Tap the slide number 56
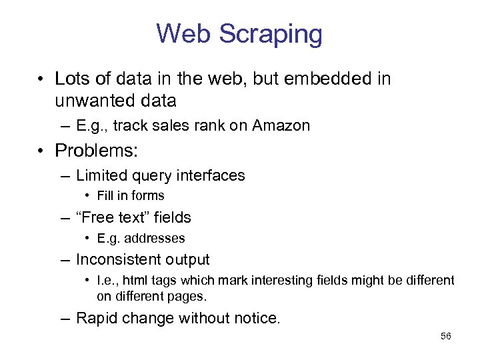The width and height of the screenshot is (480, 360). pos(446,336)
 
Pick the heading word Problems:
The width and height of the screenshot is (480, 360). pos(97,151)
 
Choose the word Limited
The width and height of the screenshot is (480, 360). pos(101,176)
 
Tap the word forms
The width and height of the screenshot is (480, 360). pos(148,196)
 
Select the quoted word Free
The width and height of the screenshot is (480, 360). pos(100,217)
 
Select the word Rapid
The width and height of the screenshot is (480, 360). pos(97,318)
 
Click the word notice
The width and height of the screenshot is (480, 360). pos(257,318)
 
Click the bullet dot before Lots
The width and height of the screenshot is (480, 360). pos(41,79)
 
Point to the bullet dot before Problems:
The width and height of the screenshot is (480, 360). pos(41,151)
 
